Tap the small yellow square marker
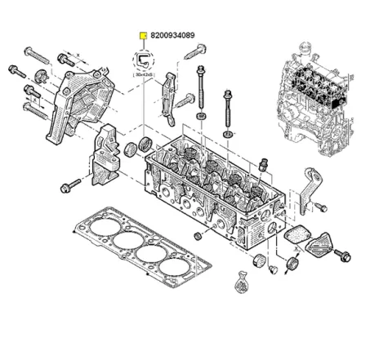[144, 35]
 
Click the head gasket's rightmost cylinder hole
[179, 266]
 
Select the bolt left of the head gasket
[68, 186]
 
